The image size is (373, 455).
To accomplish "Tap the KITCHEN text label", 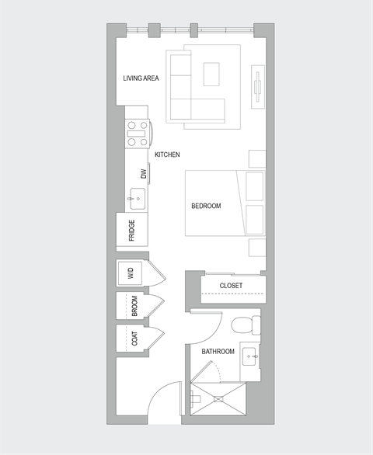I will pyautogui.click(x=167, y=155).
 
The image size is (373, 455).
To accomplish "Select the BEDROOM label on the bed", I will pyautogui.click(x=206, y=206).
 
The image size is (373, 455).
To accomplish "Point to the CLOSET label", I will pyautogui.click(x=231, y=286).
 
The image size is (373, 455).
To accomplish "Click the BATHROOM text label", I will pyautogui.click(x=218, y=352).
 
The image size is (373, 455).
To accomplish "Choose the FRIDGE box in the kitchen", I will pyautogui.click(x=133, y=231).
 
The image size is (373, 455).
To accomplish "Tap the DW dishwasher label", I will pyautogui.click(x=143, y=175).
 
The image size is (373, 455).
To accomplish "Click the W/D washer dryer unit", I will pyautogui.click(x=131, y=273).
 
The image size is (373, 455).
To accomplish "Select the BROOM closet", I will pyautogui.click(x=133, y=306).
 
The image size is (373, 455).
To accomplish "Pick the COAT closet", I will pyautogui.click(x=133, y=339).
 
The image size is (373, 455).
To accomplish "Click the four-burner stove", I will pyautogui.click(x=138, y=133).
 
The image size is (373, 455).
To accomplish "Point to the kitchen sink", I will pyautogui.click(x=138, y=198).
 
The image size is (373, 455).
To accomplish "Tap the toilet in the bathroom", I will pyautogui.click(x=246, y=323).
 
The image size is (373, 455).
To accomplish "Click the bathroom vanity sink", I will pyautogui.click(x=251, y=357).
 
